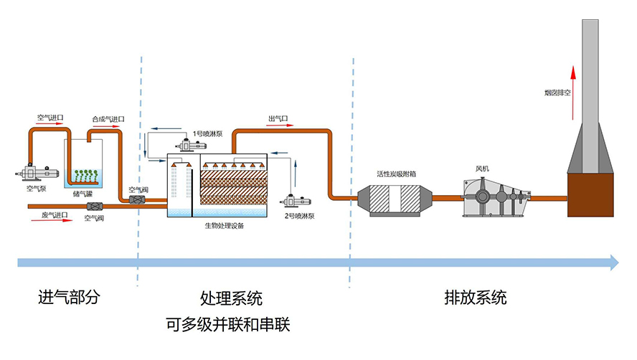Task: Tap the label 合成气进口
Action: tap(108, 119)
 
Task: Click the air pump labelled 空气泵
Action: tap(35, 173)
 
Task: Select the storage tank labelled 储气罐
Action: tap(85, 169)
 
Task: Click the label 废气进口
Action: tap(54, 214)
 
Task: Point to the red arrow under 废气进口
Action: tap(53, 222)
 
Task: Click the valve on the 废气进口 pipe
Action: tap(93, 207)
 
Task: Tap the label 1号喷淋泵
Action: tap(208, 133)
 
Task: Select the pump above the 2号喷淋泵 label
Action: tap(295, 200)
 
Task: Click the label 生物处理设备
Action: tap(225, 227)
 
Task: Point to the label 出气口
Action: tap(278, 118)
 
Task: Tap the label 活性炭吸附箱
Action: tap(397, 174)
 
